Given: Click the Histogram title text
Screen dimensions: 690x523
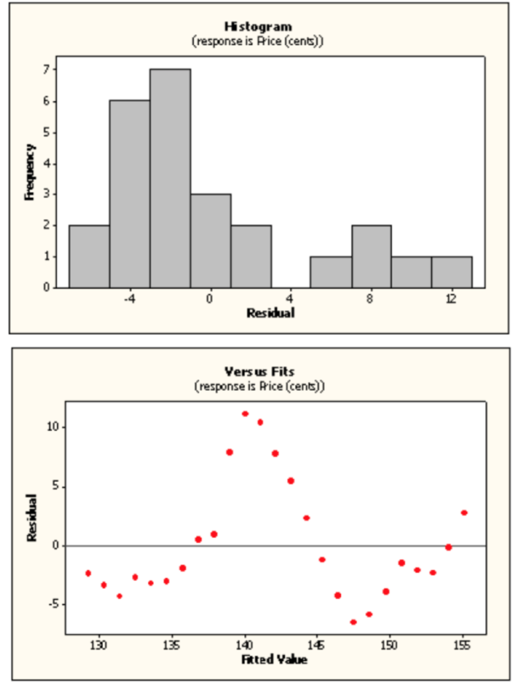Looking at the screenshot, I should pos(258,26).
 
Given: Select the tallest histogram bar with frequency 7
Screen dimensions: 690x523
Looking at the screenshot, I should pos(170,178).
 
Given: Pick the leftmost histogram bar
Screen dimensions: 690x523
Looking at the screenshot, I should pos(89,256).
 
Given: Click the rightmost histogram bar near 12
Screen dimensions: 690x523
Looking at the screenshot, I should pos(452,272).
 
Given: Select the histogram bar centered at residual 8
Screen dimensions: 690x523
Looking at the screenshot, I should pos(371,256).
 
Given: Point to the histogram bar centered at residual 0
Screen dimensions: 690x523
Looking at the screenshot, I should pos(210,241).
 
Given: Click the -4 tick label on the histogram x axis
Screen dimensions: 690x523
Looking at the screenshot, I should pos(129,299).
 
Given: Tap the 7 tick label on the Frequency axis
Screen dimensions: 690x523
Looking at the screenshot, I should pos(46,69).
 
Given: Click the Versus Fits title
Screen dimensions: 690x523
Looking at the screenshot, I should pos(259,371).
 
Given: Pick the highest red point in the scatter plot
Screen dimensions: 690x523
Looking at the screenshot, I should pos(245,414).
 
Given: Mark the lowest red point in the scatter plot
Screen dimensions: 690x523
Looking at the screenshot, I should pos(353,622).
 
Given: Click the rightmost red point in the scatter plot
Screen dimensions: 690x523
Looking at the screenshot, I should pos(464,513).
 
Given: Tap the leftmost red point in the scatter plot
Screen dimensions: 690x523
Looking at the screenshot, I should pos(88,573).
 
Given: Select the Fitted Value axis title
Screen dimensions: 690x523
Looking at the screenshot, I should pos(274,660).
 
